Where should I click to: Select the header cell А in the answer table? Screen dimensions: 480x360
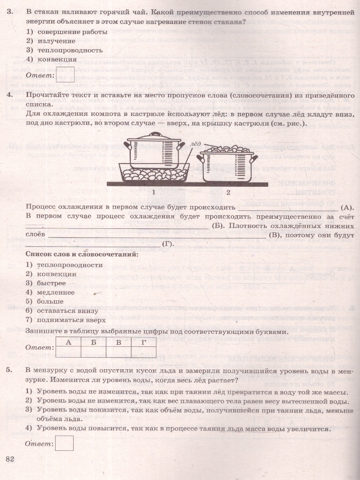tap(68, 342)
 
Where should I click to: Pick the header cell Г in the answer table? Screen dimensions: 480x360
tap(144, 342)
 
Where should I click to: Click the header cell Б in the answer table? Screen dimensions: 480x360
tap(93, 342)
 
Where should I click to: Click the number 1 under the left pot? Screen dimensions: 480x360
tap(154, 192)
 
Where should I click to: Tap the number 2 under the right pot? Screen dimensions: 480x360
tap(228, 192)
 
